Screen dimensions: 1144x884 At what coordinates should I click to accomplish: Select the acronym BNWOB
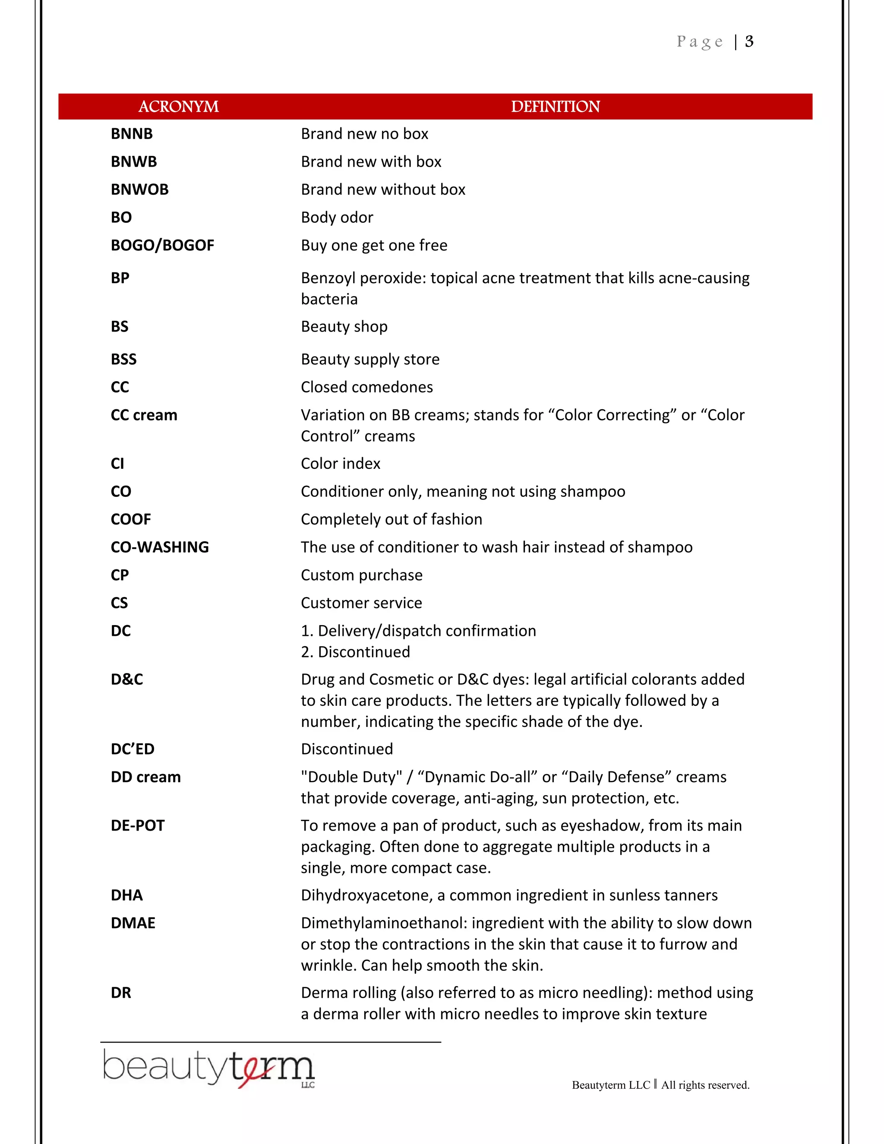(139, 189)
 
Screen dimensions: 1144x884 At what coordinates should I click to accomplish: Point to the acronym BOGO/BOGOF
(162, 245)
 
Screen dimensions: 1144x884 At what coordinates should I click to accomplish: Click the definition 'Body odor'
(337, 218)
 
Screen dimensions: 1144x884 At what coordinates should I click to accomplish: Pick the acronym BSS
(123, 359)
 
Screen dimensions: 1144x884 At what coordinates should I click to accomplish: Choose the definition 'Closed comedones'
(366, 387)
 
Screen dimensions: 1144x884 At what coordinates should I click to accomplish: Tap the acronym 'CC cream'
(144, 415)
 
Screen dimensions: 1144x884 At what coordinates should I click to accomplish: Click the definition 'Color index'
(341, 464)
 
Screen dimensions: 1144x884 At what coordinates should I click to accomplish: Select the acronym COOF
(131, 519)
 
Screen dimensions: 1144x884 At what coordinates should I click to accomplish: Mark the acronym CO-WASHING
(160, 547)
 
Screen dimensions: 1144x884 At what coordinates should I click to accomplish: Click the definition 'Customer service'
(361, 603)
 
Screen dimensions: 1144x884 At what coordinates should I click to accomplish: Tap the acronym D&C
(127, 679)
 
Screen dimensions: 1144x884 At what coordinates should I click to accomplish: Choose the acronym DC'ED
(133, 749)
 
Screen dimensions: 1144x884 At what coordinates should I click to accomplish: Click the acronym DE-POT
(138, 825)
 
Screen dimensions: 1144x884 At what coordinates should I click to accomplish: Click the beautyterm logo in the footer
(208, 1068)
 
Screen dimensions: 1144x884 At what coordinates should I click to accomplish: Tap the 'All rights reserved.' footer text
(705, 1085)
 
